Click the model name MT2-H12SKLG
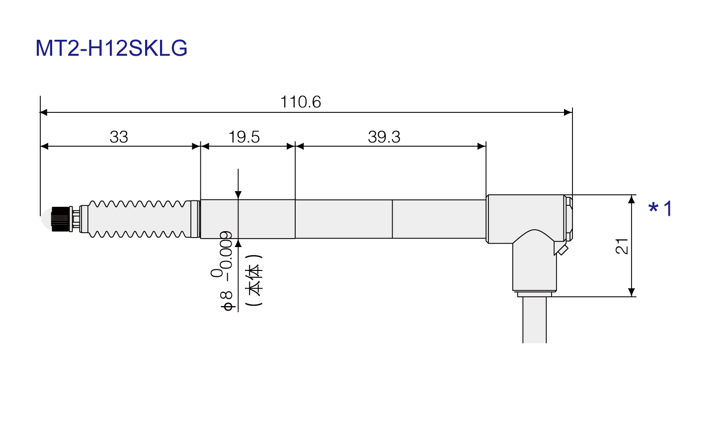point(111,48)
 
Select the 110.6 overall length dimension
point(300,102)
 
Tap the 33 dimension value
point(119,137)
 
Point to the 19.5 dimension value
point(244,137)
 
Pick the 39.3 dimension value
point(384,137)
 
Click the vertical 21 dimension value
point(622,247)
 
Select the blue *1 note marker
point(661,208)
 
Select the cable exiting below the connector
point(535,320)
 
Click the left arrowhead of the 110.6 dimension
point(44,112)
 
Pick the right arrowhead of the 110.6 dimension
point(568,112)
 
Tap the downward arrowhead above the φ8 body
point(238,195)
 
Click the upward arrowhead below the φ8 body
point(238,243)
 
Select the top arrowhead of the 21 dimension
point(632,199)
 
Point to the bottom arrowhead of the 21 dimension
point(632,292)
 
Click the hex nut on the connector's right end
point(568,218)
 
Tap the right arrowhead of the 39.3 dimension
point(482,146)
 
